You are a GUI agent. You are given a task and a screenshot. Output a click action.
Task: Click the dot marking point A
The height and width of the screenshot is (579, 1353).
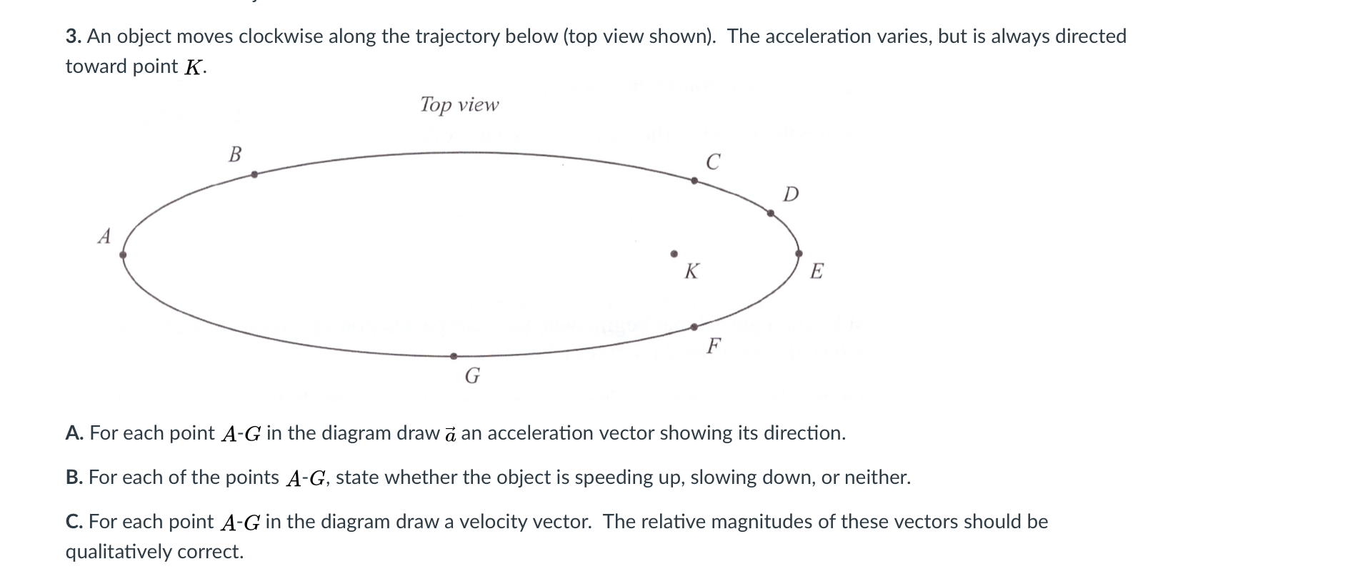coord(123,254)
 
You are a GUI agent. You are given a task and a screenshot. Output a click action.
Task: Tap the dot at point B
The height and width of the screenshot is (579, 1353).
coord(254,174)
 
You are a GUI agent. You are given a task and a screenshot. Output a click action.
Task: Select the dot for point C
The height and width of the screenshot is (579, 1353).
coord(694,181)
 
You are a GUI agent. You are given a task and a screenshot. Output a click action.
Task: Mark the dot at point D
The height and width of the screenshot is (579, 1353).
coord(770,213)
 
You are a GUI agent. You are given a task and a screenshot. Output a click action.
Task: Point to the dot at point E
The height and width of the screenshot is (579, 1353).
coord(799,254)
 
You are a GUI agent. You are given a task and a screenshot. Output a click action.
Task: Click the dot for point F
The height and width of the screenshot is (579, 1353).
coord(694,327)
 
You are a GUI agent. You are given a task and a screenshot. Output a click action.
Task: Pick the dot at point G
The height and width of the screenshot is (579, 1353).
coord(454,356)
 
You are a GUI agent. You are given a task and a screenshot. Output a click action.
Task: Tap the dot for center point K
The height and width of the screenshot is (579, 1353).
coord(673,253)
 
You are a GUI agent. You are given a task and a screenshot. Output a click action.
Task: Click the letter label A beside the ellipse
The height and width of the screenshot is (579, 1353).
coord(104,236)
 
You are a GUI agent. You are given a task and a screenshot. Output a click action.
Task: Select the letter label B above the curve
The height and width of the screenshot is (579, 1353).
coord(234,154)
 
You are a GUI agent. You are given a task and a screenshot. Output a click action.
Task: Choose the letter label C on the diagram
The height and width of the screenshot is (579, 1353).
coord(712,162)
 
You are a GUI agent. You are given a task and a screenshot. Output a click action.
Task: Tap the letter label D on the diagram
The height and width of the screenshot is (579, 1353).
coord(791,194)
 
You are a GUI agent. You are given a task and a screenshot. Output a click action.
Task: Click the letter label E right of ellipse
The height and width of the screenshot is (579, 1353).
coord(817,272)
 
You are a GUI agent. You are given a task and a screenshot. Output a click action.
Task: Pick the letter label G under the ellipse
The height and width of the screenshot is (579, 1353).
coord(472,375)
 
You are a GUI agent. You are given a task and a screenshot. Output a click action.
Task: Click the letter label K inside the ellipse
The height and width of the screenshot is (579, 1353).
coord(692,272)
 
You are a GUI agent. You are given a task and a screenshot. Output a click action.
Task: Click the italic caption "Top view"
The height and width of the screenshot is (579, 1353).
coord(459,105)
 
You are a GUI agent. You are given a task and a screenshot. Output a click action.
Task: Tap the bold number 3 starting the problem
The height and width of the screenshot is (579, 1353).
coord(71,36)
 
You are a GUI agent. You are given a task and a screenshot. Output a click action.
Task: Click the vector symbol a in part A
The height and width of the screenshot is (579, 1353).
coord(450,434)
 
